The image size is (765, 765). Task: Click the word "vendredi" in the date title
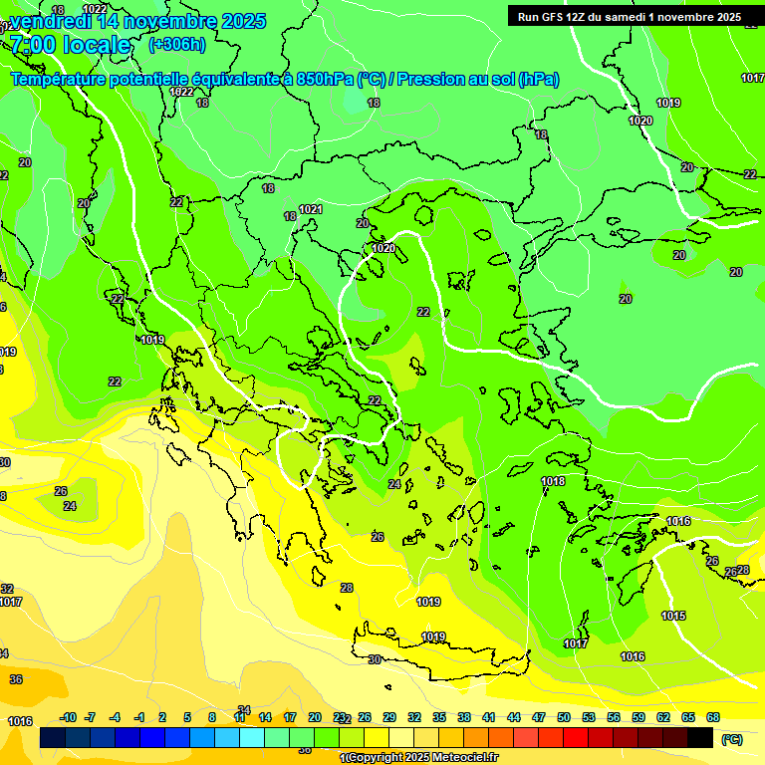(x=47, y=21)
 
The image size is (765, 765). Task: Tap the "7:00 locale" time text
(x=70, y=45)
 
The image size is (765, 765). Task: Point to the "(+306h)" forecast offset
(x=177, y=45)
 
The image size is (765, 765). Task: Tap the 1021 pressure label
(x=311, y=209)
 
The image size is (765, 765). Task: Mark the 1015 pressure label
(x=673, y=616)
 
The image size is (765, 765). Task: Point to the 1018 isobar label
(x=553, y=481)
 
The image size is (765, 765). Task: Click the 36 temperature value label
(x=16, y=679)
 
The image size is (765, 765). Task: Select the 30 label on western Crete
(x=375, y=659)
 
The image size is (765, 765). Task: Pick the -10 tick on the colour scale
(x=68, y=717)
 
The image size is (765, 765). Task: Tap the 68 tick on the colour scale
(x=713, y=717)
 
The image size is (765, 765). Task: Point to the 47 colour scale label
(x=539, y=717)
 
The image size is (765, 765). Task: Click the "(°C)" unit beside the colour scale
(x=732, y=739)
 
